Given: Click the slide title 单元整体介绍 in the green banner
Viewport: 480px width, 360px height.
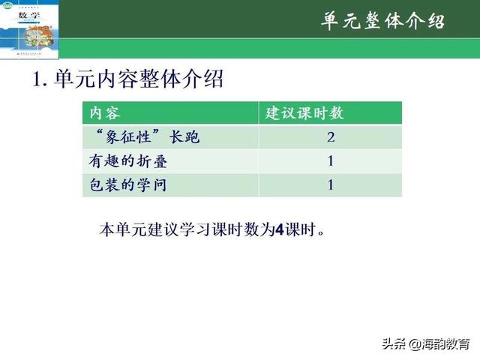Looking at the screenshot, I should [382, 21].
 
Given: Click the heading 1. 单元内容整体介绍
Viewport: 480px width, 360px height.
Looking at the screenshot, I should [128, 79].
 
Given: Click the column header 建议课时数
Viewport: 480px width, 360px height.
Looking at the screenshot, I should [305, 113].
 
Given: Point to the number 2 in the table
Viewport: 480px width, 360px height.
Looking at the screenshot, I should [330, 138].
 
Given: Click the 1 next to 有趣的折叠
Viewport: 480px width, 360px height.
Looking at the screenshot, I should [330, 161].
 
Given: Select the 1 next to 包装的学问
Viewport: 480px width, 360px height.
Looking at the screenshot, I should [330, 184].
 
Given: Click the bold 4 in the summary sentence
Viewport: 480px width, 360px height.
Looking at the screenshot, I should [279, 229].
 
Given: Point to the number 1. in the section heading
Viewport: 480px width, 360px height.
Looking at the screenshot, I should [41, 79].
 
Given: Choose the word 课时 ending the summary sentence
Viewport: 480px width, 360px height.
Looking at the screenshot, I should [301, 229].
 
